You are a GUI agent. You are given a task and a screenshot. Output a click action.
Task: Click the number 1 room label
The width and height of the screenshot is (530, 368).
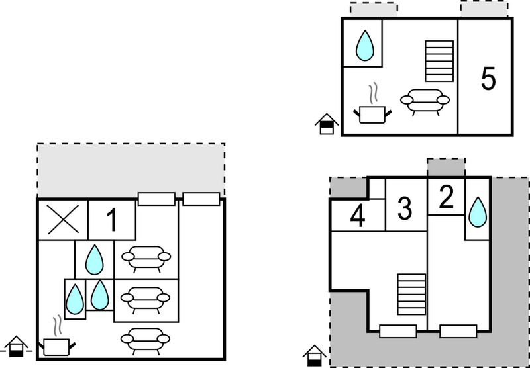click(112, 220)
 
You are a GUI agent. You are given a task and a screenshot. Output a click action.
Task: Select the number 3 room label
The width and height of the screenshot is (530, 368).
click(405, 208)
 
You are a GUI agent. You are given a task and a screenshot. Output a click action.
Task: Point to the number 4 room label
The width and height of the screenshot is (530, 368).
click(358, 216)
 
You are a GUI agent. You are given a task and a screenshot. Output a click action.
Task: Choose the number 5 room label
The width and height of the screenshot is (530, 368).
click(488, 79)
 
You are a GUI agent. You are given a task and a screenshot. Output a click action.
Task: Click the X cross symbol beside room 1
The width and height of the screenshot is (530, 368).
click(63, 220)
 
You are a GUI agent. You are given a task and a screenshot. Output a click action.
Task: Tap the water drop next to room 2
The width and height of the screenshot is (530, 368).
click(478, 212)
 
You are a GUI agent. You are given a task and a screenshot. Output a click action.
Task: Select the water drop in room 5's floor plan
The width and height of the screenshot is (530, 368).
click(365, 46)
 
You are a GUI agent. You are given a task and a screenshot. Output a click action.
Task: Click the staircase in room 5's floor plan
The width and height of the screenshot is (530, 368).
click(439, 61)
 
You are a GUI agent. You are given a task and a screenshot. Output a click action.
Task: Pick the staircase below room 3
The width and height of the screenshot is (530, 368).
click(411, 294)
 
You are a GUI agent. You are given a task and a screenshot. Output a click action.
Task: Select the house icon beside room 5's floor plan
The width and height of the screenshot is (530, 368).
click(327, 124)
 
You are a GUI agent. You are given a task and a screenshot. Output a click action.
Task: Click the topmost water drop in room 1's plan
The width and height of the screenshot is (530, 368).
click(94, 259)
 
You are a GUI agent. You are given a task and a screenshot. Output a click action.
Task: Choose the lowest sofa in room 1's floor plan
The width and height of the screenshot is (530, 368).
click(145, 341)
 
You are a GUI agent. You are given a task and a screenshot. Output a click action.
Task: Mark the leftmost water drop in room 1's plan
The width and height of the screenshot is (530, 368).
click(75, 299)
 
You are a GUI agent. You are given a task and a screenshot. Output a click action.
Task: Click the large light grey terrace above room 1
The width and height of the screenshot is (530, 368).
click(131, 170)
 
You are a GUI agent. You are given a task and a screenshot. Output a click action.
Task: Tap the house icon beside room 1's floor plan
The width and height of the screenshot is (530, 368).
click(16, 347)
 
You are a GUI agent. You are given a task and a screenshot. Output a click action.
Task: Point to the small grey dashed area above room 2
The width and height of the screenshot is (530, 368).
click(446, 167)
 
